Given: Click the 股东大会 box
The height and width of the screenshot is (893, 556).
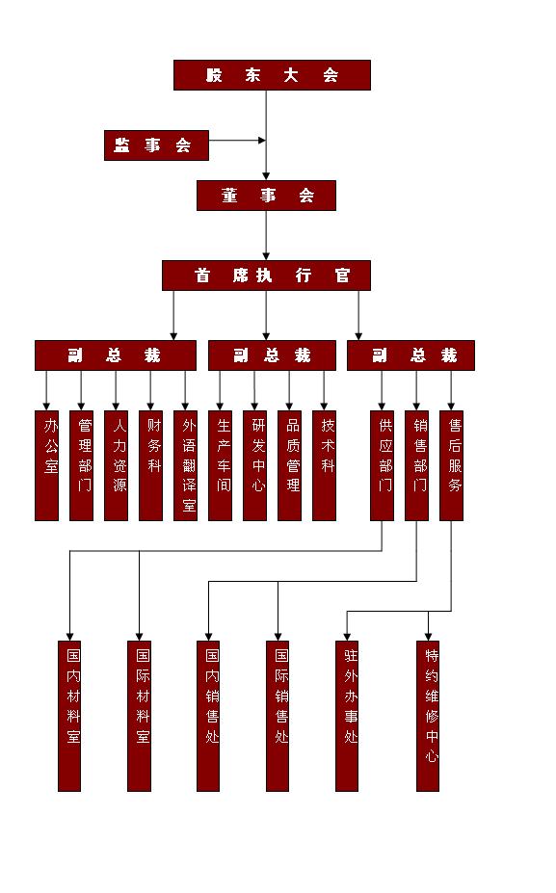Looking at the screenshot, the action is [x=273, y=75].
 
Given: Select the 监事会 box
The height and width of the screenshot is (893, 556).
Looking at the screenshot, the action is [x=157, y=145].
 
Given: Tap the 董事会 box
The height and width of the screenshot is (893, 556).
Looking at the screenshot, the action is [x=267, y=196].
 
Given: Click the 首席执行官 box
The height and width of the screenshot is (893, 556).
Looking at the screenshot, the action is [x=267, y=276].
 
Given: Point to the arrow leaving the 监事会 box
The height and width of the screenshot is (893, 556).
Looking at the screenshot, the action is [x=238, y=140].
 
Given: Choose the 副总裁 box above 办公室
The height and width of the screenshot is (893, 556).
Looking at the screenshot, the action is [x=116, y=355].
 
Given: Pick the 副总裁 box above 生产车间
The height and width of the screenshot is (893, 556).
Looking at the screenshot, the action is [x=273, y=355].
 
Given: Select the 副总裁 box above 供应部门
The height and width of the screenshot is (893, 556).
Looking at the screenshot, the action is [x=410, y=355].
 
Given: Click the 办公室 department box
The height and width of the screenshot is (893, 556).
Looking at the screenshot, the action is [x=46, y=466].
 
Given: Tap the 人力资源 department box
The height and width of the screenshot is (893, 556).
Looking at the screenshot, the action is [x=117, y=466].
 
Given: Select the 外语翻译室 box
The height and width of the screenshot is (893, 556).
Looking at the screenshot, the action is [x=186, y=466].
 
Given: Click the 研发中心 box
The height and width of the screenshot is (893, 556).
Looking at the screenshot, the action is [x=254, y=466].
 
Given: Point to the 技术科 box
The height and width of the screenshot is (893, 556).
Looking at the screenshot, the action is [x=324, y=466].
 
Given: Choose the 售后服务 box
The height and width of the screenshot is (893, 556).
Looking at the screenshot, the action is [x=451, y=466].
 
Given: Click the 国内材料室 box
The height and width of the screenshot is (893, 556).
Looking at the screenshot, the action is [x=69, y=716].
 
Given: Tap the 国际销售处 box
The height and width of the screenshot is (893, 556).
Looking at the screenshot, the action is [x=278, y=716].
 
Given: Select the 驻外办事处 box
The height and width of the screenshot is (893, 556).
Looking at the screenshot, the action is [x=347, y=716].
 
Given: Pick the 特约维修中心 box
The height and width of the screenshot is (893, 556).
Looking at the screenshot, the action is [x=428, y=716].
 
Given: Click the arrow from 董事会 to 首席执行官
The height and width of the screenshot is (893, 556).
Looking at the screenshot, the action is [x=266, y=236].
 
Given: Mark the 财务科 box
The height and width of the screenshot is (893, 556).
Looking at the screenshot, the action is [x=151, y=466].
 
